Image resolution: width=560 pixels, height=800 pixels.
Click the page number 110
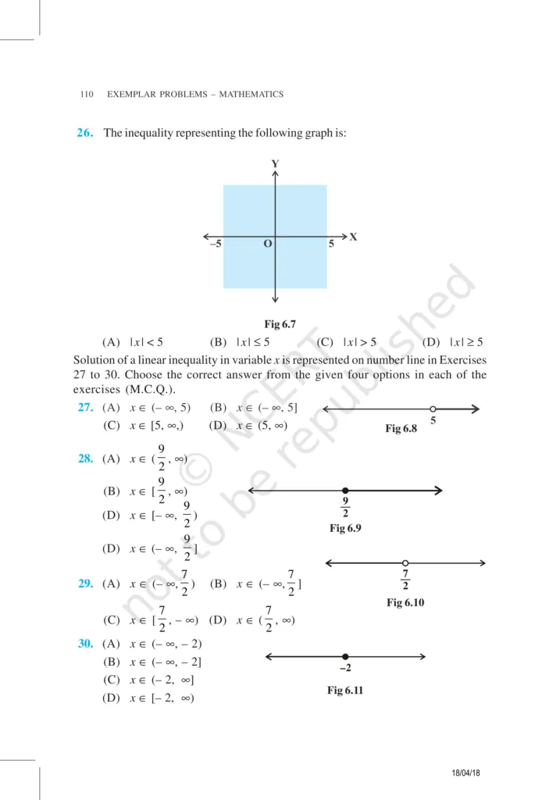pos(86,95)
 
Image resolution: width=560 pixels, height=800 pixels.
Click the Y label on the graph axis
pos(275,163)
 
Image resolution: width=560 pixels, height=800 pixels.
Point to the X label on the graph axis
pos(353,236)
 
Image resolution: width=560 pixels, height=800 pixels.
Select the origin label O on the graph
pos(267,245)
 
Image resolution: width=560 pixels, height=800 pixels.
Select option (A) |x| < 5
pos(132,341)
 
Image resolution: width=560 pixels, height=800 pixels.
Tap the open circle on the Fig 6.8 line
pos(433,409)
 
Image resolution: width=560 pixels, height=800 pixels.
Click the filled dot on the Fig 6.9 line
pos(345,491)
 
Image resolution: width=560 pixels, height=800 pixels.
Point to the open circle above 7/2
pos(405,563)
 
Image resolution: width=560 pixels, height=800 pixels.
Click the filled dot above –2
pos(345,657)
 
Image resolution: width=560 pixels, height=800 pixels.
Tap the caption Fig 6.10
pos(405,602)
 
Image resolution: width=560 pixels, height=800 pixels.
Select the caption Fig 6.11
pos(345,691)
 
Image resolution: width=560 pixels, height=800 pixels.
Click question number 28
pos(85,459)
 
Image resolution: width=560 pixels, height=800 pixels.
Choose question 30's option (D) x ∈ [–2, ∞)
pos(148,698)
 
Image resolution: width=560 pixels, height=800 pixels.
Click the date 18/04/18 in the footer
pos(465,773)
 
